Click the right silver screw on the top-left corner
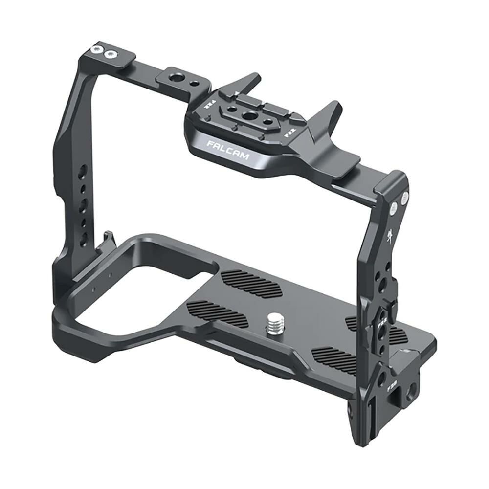click(x=111, y=53)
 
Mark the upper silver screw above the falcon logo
click(x=404, y=198)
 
